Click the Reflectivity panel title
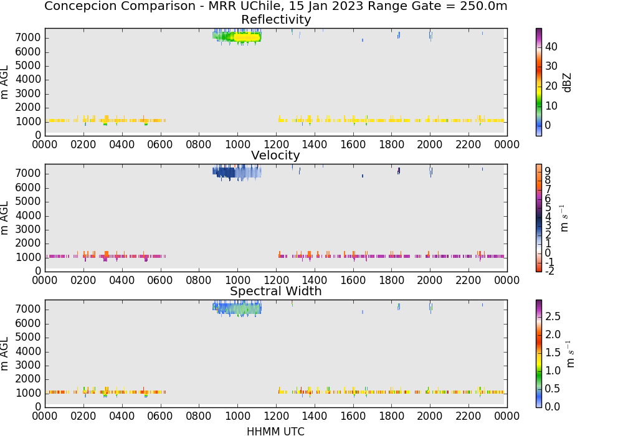coord(276,19)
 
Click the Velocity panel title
coord(275,155)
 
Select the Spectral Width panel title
coord(276,291)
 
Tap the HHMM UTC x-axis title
coord(275,431)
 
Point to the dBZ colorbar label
coord(568,83)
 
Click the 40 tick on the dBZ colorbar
coord(551,47)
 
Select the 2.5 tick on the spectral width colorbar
coord(553,316)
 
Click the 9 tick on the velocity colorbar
coord(548,171)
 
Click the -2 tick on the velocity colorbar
coord(549,271)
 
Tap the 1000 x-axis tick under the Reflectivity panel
coord(237,144)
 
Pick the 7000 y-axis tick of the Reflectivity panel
coord(28,38)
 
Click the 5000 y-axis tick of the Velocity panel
coord(28,201)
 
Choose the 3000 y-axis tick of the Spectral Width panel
coord(28,365)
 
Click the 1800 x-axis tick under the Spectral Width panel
coord(391,415)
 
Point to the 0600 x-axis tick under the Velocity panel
coord(160,280)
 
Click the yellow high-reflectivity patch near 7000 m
coord(247,37)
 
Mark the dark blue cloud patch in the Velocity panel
coord(225,173)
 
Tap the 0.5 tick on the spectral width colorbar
coord(553,388)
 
